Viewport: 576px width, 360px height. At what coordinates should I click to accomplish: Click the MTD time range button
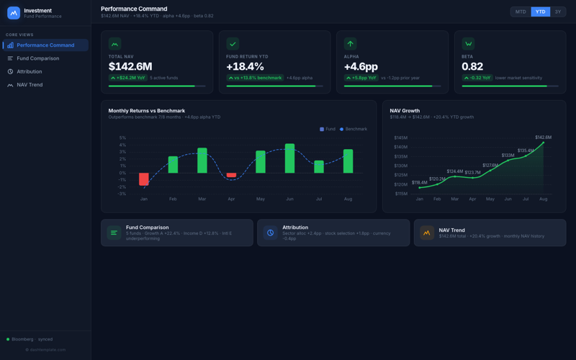[521, 12]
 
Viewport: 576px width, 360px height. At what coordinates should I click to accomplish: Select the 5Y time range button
[557, 12]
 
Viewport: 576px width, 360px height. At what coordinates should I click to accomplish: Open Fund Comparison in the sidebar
[38, 58]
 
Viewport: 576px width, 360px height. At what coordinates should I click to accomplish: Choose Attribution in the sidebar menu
[30, 71]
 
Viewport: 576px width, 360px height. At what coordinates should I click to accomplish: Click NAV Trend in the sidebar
[30, 85]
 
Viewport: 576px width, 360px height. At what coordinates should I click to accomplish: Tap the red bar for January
[144, 179]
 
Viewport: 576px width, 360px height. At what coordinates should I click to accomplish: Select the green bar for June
[289, 158]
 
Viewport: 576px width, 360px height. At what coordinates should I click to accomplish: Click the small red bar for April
[231, 175]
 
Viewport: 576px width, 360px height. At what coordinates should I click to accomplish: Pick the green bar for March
[202, 161]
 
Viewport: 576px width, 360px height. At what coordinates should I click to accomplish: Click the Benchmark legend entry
[354, 129]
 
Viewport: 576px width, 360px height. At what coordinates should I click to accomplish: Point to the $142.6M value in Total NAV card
[130, 66]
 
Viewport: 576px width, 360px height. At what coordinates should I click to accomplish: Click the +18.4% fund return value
[245, 66]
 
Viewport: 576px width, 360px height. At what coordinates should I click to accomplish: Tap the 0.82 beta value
[472, 66]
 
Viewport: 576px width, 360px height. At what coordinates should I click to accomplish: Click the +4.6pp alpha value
[361, 66]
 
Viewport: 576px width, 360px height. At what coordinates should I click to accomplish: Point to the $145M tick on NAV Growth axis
[400, 138]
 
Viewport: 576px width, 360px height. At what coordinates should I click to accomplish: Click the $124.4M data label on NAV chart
[454, 171]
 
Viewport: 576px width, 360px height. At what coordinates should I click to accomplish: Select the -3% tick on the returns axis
[122, 194]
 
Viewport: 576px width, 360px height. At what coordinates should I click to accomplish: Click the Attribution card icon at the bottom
[270, 233]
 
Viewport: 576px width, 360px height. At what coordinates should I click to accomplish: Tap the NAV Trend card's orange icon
[426, 233]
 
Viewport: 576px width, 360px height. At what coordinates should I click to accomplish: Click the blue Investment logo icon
[14, 12]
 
